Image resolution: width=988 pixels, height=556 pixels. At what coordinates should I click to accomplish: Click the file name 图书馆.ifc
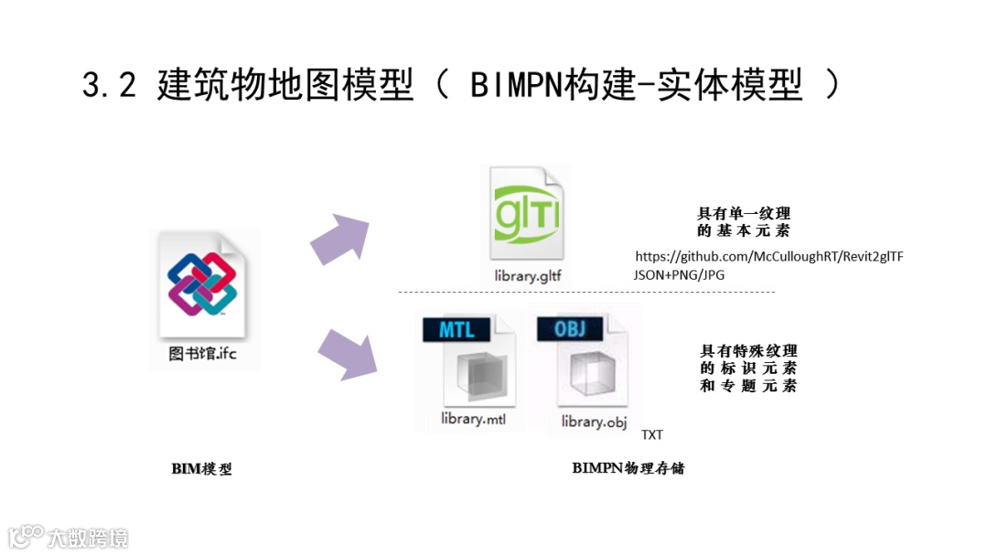coord(202,353)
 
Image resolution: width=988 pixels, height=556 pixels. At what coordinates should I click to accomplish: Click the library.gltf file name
coord(528,274)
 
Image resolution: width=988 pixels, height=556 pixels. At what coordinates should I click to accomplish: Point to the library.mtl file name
coord(473,419)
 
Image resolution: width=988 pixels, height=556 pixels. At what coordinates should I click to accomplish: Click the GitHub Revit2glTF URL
coord(768,256)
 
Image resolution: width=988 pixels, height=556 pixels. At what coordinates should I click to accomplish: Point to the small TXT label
coord(652,434)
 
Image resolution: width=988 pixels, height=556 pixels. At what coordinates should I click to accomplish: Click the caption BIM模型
coord(202,469)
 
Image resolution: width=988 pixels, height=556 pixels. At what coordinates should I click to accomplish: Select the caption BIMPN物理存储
coord(628,468)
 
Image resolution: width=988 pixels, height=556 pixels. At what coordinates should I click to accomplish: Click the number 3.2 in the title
coord(109,86)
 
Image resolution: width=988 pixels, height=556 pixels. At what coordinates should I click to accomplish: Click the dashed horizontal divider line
coord(585,292)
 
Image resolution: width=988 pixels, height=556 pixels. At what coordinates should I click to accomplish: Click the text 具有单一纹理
coord(744,214)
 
